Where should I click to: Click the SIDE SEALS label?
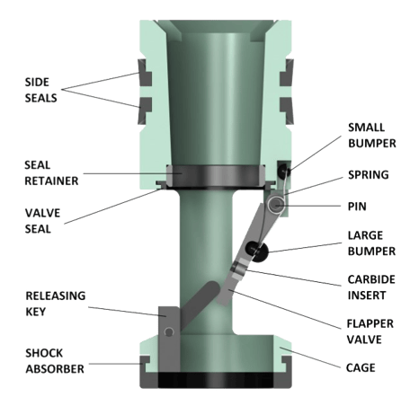pyautogui.click(x=40, y=90)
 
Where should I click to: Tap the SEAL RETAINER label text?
pyautogui.click(x=51, y=173)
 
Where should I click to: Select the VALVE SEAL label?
pyautogui.click(x=42, y=221)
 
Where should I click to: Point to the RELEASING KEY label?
pyautogui.click(x=56, y=304)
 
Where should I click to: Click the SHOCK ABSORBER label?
pyautogui.click(x=55, y=361)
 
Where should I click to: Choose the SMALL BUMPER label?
pyautogui.click(x=372, y=136)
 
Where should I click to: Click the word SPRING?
pyautogui.click(x=369, y=175)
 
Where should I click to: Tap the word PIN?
pyautogui.click(x=357, y=207)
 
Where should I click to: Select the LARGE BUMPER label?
pyautogui.click(x=371, y=243)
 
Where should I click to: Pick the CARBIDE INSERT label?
pyautogui.click(x=371, y=287)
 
